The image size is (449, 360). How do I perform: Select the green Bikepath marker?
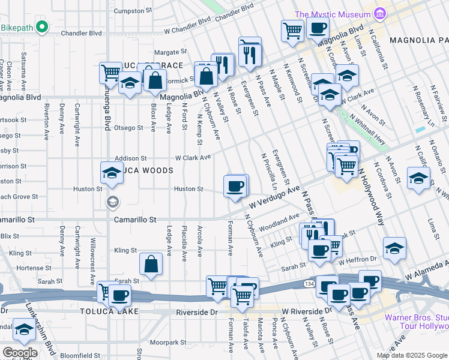(41, 27)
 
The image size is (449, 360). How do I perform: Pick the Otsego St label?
(129, 128)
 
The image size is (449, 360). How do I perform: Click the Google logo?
(20, 352)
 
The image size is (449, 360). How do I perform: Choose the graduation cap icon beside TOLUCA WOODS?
(112, 173)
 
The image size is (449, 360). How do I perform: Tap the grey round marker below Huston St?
(112, 202)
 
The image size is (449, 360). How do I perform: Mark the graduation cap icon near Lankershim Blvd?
(25, 329)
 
